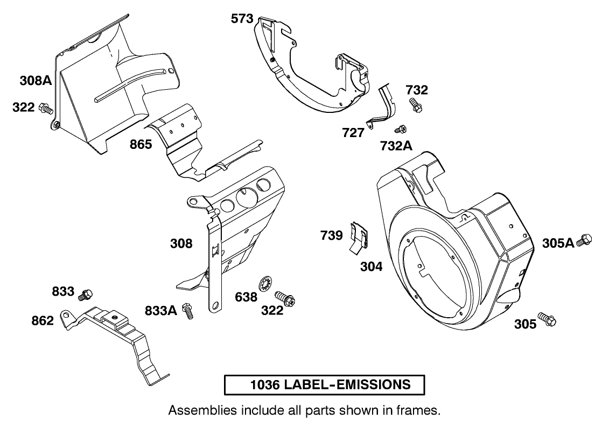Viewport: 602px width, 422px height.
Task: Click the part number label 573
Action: point(242,19)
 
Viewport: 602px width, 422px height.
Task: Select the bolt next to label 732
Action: point(415,104)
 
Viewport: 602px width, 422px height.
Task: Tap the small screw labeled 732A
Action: point(400,128)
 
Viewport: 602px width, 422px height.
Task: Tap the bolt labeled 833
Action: point(86,295)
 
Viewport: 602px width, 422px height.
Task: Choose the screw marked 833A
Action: point(188,311)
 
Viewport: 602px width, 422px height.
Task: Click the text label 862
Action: point(43,321)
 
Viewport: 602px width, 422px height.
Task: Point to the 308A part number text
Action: point(36,81)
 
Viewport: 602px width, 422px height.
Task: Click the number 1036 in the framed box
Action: point(265,385)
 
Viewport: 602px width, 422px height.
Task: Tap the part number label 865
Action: point(141,145)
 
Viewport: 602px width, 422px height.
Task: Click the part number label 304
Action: point(372,266)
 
